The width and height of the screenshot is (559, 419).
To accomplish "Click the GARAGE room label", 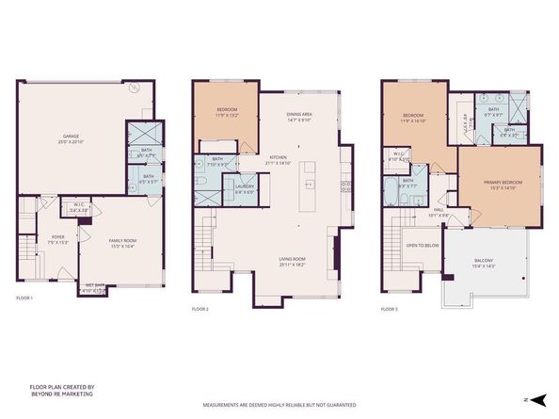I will pos(64,137).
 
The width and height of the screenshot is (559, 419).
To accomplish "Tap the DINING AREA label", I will pos(301,116).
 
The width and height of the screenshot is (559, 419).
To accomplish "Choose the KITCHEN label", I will pos(279,158).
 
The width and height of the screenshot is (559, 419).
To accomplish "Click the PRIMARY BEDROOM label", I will pos(499,185).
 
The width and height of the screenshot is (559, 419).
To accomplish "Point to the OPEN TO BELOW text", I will pos(425,246).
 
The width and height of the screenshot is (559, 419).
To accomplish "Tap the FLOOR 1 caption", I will pos(24,298).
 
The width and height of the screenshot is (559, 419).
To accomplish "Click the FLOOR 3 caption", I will pos(391,308).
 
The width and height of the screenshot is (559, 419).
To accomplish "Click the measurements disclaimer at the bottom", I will pos(279,406).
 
